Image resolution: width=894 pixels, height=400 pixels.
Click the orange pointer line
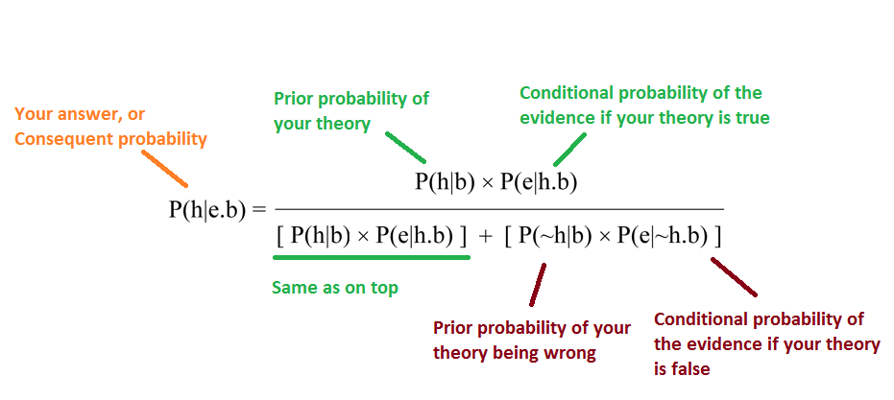(x=165, y=169)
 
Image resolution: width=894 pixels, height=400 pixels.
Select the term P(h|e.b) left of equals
(x=207, y=210)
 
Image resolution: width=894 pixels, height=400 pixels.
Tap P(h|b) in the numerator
(x=445, y=181)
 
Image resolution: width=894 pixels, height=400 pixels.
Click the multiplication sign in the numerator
(x=487, y=183)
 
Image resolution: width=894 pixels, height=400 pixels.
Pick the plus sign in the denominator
(x=485, y=238)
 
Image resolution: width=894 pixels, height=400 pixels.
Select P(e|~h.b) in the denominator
(x=661, y=237)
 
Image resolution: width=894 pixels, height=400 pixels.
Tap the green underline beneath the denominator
(x=372, y=257)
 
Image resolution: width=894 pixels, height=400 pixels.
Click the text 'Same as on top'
(x=335, y=288)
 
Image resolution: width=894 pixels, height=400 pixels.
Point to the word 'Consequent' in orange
(x=65, y=139)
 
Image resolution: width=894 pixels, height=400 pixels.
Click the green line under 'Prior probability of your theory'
(x=405, y=148)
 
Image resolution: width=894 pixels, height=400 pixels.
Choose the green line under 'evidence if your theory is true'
(x=569, y=150)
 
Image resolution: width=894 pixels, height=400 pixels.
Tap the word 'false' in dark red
(x=691, y=368)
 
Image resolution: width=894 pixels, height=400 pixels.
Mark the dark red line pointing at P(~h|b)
(x=538, y=284)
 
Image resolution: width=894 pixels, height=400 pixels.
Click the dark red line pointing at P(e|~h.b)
(x=734, y=277)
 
